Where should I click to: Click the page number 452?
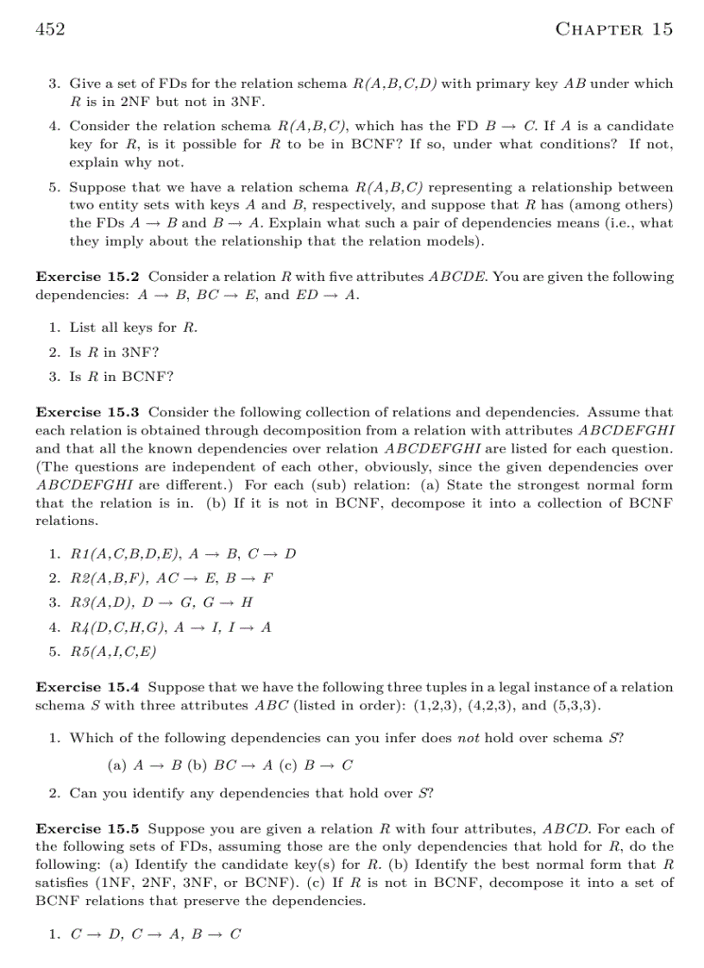(50, 29)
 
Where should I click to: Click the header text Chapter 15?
(614, 29)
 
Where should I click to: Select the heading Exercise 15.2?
(88, 277)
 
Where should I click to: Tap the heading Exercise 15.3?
(88, 412)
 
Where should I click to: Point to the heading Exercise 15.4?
(88, 687)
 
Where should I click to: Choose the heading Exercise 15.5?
(88, 828)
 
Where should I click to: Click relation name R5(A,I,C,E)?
(113, 652)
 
